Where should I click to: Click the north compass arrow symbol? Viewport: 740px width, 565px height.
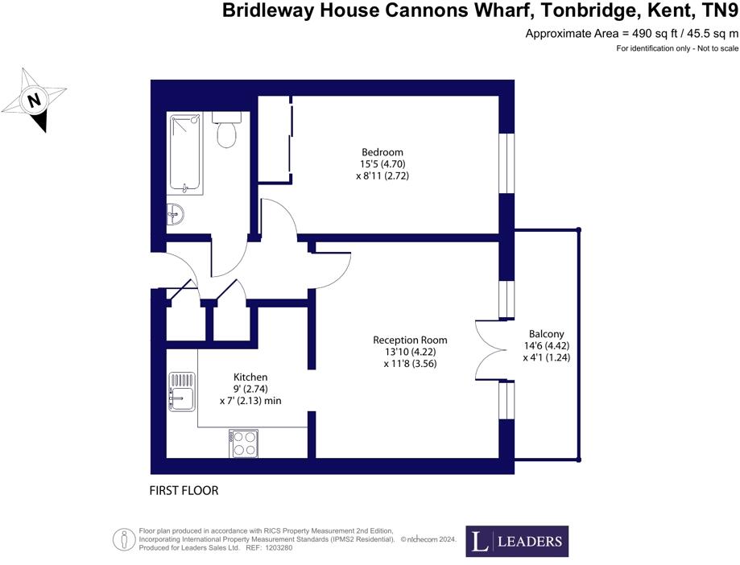tap(34, 101)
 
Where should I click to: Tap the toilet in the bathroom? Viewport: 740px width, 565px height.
tap(226, 130)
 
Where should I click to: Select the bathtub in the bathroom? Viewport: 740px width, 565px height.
tap(186, 153)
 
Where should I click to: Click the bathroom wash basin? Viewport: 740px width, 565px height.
tap(176, 215)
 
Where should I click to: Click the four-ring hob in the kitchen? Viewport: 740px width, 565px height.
tap(245, 443)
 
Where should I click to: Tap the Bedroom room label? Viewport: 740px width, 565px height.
tap(382, 152)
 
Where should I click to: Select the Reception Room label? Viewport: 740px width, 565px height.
tap(410, 340)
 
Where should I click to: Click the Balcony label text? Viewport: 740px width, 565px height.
tap(546, 334)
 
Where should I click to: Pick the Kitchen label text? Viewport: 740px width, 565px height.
tap(250, 377)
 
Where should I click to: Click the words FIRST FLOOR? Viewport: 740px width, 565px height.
tap(184, 490)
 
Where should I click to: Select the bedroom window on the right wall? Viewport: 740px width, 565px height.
tap(506, 163)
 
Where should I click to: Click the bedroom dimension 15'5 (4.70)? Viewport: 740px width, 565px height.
tap(382, 164)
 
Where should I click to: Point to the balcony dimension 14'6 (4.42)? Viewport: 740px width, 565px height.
tap(546, 346)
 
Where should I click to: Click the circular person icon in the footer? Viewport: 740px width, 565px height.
tap(123, 538)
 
